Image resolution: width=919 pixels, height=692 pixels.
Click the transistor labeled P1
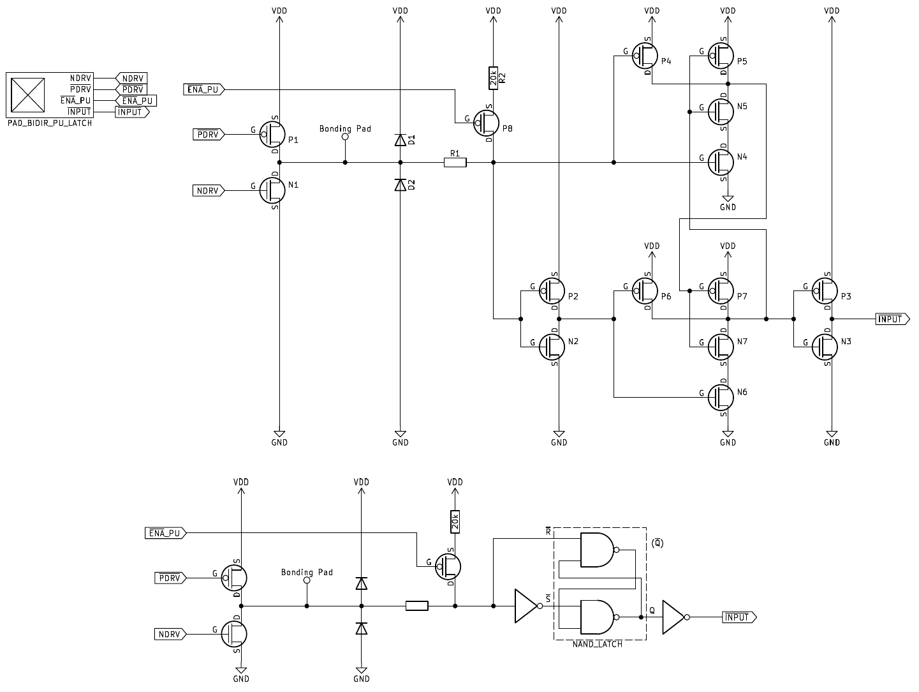click(274, 135)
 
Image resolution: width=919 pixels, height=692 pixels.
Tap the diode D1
click(401, 140)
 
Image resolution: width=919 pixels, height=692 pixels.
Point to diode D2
click(401, 185)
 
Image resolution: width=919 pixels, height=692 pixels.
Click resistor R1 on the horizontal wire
click(455, 163)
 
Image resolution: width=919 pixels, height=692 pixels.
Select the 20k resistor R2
click(493, 78)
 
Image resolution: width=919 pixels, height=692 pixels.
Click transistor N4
click(723, 162)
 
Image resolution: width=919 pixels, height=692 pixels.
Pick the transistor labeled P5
click(723, 56)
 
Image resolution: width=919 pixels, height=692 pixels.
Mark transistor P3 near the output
click(827, 292)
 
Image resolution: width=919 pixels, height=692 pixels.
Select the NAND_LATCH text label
click(598, 644)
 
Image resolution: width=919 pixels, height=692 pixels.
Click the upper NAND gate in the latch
click(598, 550)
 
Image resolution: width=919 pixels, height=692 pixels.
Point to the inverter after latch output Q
click(673, 617)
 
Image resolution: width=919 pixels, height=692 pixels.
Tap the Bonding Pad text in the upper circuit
click(345, 129)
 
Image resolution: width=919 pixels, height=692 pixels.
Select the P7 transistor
click(723, 292)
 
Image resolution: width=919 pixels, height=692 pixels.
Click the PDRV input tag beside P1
click(208, 135)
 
